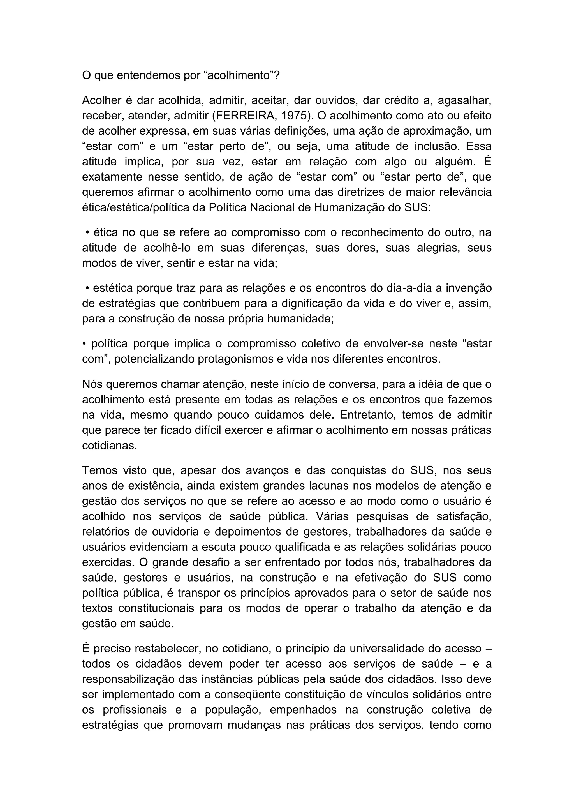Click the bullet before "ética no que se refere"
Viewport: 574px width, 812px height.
[x=87, y=233]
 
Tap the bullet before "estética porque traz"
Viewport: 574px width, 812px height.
[x=87, y=288]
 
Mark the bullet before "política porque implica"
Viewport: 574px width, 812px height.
[x=84, y=344]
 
